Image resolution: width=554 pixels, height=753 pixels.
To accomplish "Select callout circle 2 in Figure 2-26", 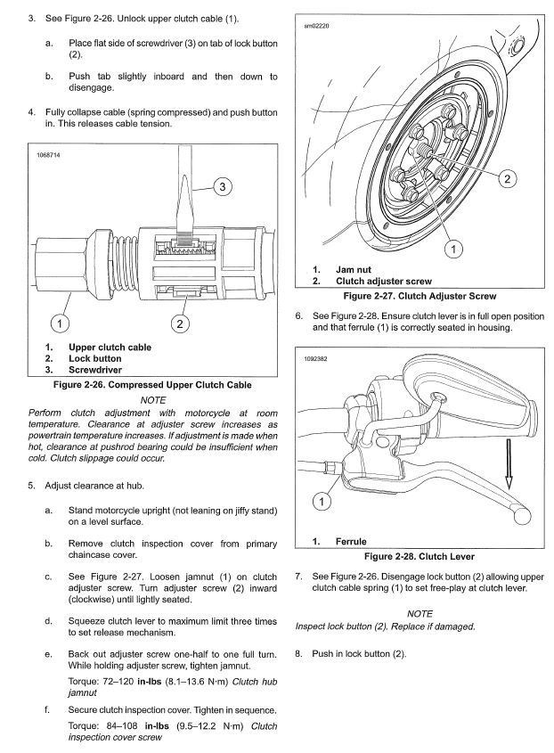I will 181,323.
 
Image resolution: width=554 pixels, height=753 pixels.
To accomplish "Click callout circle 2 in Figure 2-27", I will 506,178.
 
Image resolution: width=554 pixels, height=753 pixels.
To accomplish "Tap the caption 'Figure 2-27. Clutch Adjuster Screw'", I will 420,296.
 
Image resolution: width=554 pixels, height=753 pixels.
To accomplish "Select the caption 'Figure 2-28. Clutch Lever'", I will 420,555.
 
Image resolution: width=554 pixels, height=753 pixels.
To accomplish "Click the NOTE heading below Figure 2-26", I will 153,400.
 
